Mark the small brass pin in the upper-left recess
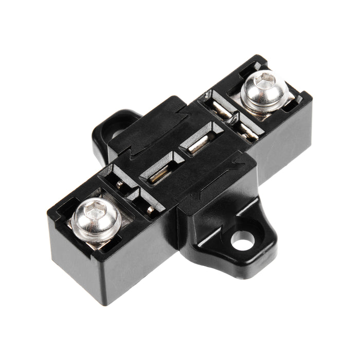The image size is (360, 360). [x=119, y=184]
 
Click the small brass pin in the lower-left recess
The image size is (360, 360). [x=150, y=209]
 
